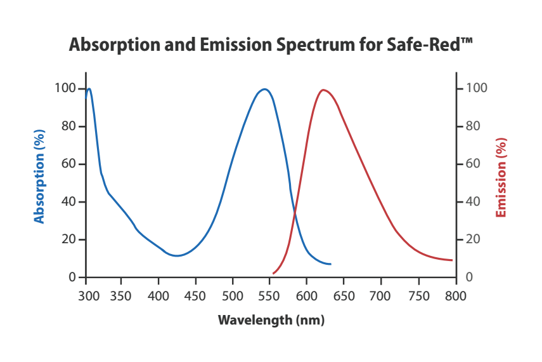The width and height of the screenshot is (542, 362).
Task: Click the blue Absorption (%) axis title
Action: [39, 177]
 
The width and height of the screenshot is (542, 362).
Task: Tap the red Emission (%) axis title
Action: [501, 177]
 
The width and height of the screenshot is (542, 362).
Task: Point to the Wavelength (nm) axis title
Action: [271, 319]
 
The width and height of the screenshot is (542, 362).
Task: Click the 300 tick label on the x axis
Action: [87, 296]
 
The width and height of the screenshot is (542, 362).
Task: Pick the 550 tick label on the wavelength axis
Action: [271, 296]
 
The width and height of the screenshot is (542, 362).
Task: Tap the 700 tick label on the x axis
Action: [380, 296]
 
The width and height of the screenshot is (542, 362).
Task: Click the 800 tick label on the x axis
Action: [455, 296]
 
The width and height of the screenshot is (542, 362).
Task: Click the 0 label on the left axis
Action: [73, 278]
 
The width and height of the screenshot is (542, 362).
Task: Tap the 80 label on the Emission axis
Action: [473, 126]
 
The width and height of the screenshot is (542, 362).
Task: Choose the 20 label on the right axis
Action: [473, 239]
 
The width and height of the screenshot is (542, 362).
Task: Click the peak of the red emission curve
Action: [323, 90]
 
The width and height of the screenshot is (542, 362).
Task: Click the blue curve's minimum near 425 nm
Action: [177, 256]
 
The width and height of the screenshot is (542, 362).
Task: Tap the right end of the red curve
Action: [452, 260]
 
